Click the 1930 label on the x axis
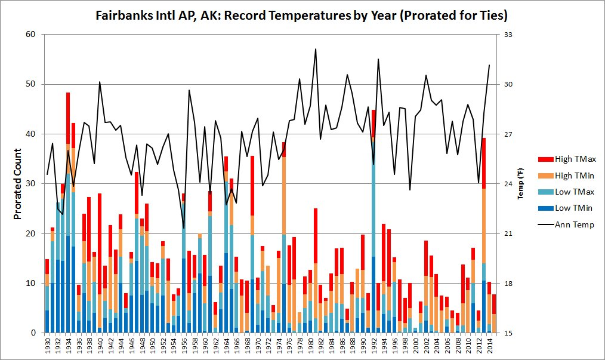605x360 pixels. [48, 346]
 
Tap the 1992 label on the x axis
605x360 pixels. [374, 346]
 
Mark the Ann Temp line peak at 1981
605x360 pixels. [316, 49]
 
